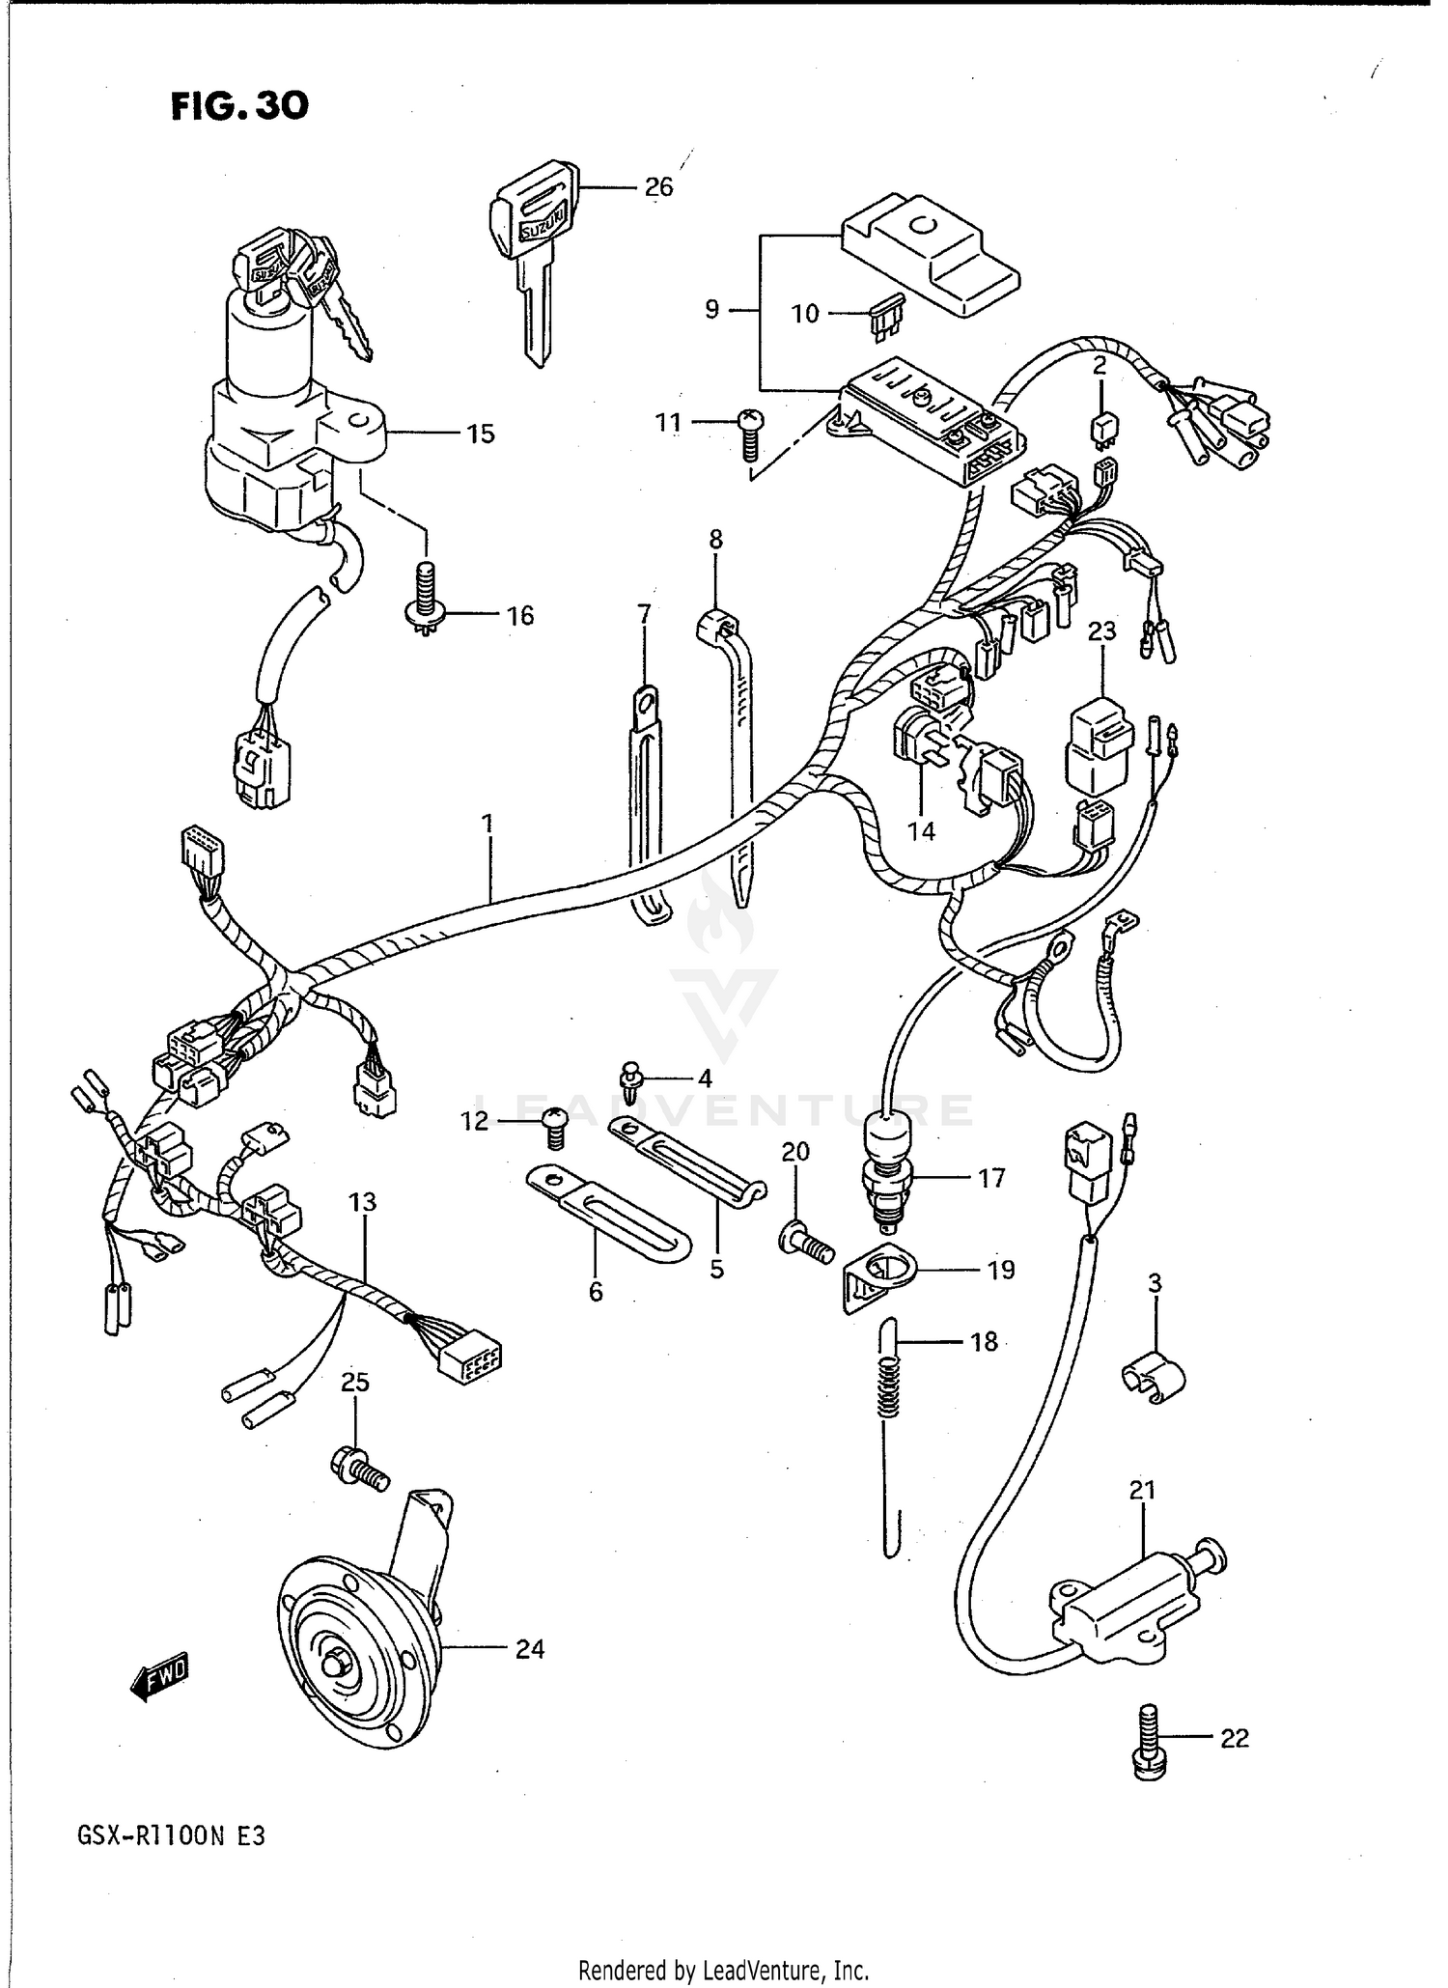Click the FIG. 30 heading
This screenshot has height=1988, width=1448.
click(x=239, y=105)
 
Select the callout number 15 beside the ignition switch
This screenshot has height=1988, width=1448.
click(x=480, y=434)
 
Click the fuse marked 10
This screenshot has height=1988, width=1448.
click(x=885, y=315)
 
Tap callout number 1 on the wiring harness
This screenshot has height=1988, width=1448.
click(x=487, y=823)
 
